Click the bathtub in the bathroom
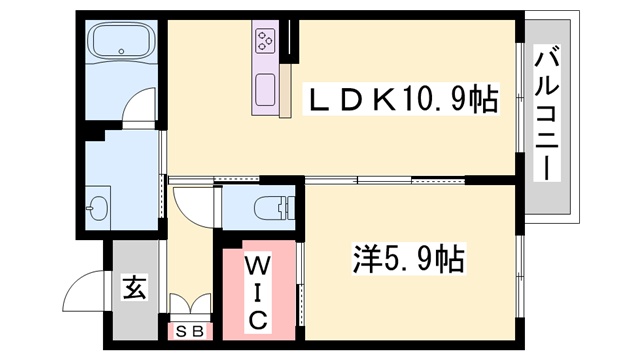pos(121,40)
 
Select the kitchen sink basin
pos(265,90)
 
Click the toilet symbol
pos(274,207)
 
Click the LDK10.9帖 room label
pos(401,99)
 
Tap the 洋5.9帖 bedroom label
pos(409,259)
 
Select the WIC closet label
pos(258,293)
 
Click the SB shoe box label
pos(190,332)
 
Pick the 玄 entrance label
pos(135,288)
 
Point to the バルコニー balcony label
pos(547,113)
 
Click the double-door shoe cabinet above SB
pos(190,304)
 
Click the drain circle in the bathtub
pos(121,51)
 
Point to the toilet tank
pos(290,207)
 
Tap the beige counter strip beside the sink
pos(285,91)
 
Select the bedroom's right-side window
pos(519,277)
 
